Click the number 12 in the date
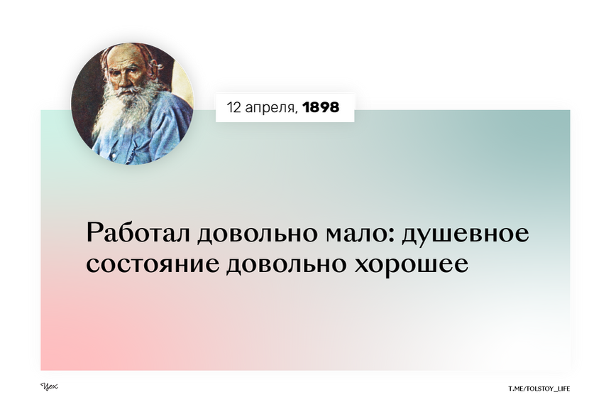tap(233, 108)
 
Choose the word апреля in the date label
tap(270, 109)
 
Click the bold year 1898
tap(320, 108)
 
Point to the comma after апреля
tap(297, 112)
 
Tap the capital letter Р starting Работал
tap(92, 234)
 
